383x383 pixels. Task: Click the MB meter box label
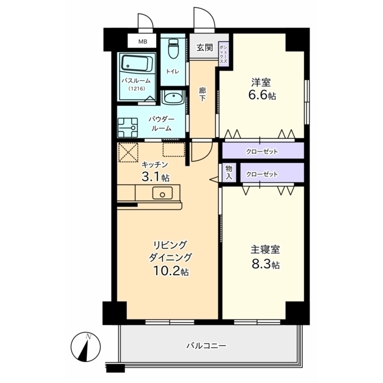click(x=143, y=41)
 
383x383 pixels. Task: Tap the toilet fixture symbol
click(x=174, y=48)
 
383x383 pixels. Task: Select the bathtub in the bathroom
click(x=137, y=63)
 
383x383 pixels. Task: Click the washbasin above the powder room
click(x=173, y=98)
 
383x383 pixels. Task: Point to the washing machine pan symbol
click(x=127, y=127)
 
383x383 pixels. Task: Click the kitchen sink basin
click(x=162, y=193)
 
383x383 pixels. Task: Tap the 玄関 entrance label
click(x=205, y=48)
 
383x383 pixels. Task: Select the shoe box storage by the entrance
click(x=223, y=53)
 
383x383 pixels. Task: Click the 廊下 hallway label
click(x=202, y=95)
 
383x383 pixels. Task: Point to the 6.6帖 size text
click(x=262, y=95)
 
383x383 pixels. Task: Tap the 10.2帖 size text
click(x=171, y=270)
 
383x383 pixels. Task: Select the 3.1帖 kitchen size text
click(x=156, y=177)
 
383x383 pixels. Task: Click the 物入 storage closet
click(x=229, y=173)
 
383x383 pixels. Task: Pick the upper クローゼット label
click(x=262, y=152)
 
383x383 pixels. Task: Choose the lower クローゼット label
click(x=262, y=174)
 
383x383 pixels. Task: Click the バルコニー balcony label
click(x=206, y=346)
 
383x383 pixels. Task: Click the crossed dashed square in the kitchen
click(x=128, y=153)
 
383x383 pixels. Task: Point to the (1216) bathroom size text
click(x=137, y=89)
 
